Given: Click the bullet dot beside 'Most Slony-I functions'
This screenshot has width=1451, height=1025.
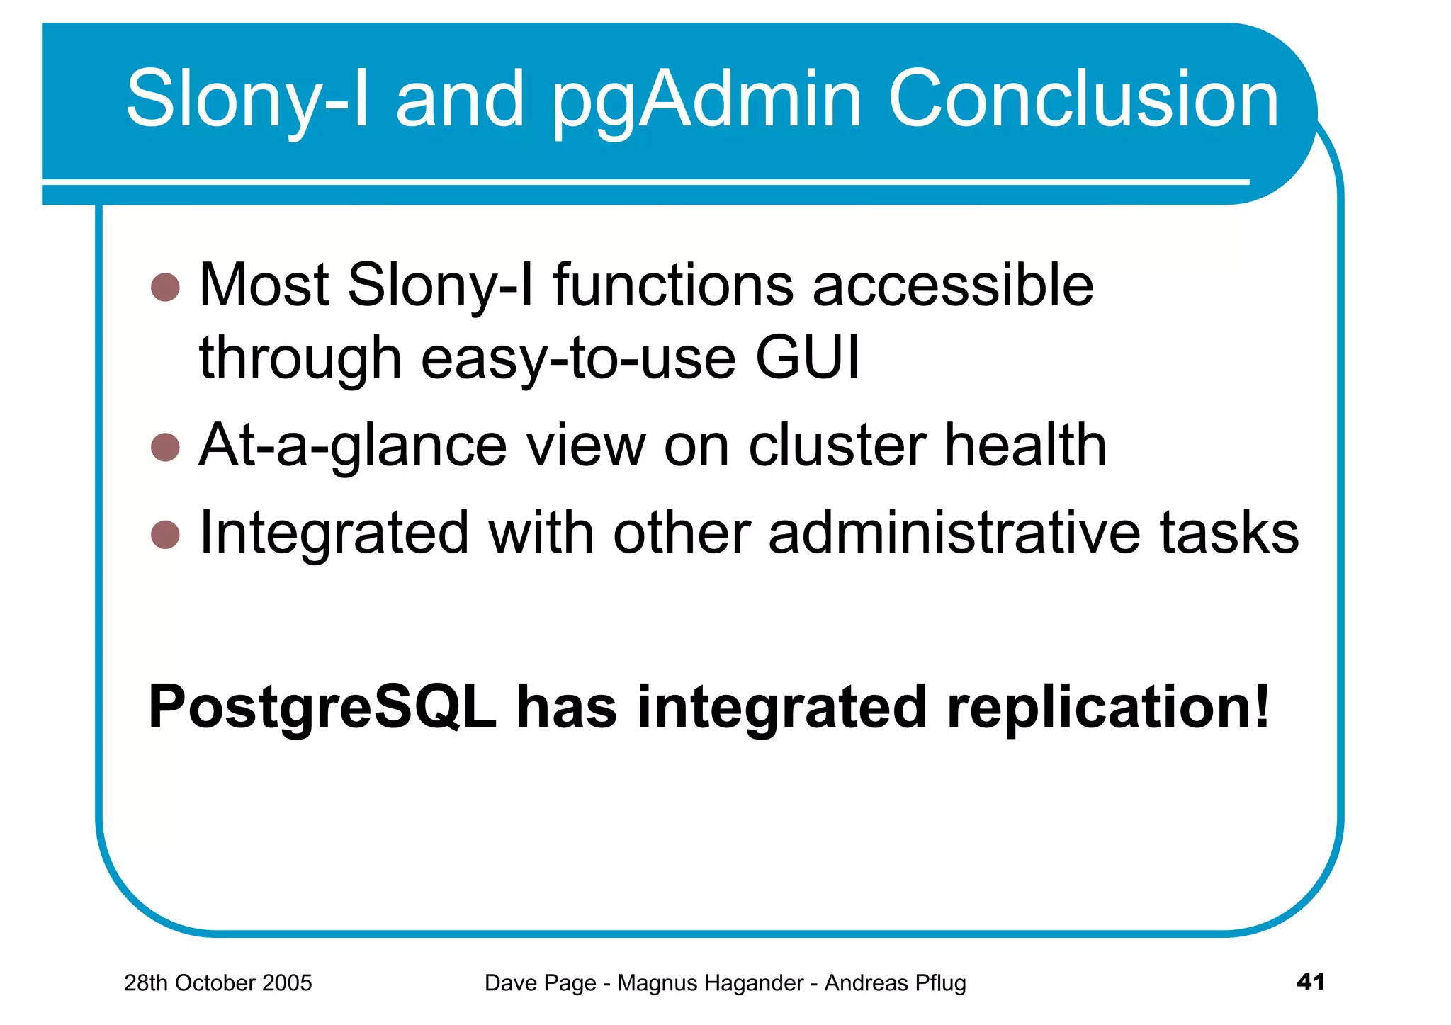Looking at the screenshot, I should coord(165,288).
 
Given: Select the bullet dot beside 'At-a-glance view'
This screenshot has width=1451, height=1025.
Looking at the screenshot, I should coord(165,447).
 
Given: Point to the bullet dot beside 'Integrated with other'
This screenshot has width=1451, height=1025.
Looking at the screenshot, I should coord(165,535).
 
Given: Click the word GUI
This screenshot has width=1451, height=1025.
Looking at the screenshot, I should coord(807,357).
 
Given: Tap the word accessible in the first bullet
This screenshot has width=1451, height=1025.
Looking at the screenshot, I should coord(953,285).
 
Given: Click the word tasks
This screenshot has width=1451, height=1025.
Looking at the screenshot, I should coord(1229,533).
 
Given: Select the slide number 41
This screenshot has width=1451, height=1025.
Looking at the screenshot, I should coord(1310,982).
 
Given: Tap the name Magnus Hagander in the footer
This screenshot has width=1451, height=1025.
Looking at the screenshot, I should coord(711,983).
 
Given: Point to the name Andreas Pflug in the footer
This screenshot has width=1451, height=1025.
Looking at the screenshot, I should coord(895,983).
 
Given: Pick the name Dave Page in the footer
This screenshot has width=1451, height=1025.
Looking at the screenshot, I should coord(540,983).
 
